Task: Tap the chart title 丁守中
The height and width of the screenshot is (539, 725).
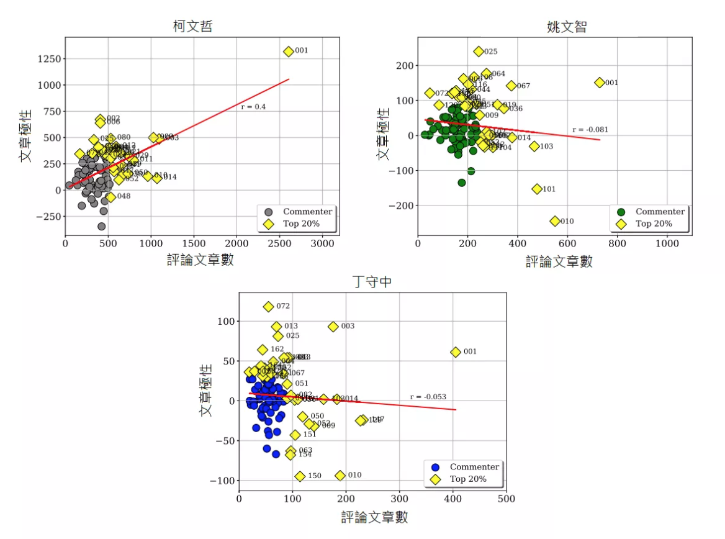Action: click(x=372, y=282)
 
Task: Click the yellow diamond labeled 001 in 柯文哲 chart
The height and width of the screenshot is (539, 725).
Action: click(x=289, y=51)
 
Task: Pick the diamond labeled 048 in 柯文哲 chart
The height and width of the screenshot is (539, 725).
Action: click(x=110, y=196)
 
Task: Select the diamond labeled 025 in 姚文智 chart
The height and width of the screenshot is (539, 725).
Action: click(x=479, y=52)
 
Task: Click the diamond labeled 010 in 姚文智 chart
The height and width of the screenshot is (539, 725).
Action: click(x=555, y=221)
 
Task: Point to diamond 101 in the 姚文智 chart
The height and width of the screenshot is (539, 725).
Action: click(x=537, y=189)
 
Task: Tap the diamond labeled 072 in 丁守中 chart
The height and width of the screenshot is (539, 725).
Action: click(x=268, y=306)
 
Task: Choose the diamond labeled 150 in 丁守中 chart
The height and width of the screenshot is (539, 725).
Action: click(x=300, y=476)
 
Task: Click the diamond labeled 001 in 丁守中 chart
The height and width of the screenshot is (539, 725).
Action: click(x=456, y=351)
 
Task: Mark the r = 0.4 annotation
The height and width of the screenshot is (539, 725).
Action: click(x=253, y=107)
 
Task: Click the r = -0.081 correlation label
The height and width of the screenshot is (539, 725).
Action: click(x=590, y=130)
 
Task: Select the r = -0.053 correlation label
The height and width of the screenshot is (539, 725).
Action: click(x=428, y=397)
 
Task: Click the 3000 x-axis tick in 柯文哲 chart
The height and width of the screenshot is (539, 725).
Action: click(x=322, y=245)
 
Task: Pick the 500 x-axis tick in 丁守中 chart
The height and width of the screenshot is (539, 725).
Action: click(x=506, y=498)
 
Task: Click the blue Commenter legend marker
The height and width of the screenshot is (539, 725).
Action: click(x=436, y=467)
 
